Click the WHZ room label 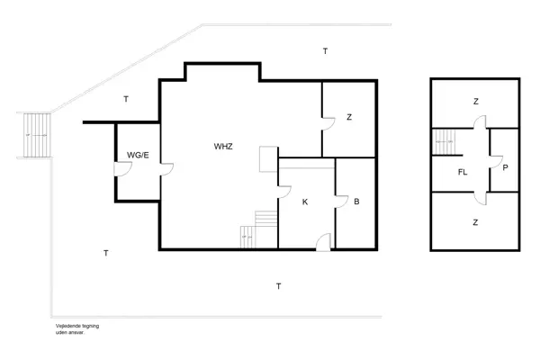coord(224,146)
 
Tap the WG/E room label coord(137,155)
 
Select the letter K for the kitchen coord(305,202)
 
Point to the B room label coord(356,202)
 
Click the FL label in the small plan coord(463,171)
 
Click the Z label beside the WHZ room coord(348,118)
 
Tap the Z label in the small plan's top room coord(475,102)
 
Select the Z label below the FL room coord(475,220)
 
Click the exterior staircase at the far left coord(36,134)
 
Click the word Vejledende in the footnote coord(68,327)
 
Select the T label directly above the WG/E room coord(126,99)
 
